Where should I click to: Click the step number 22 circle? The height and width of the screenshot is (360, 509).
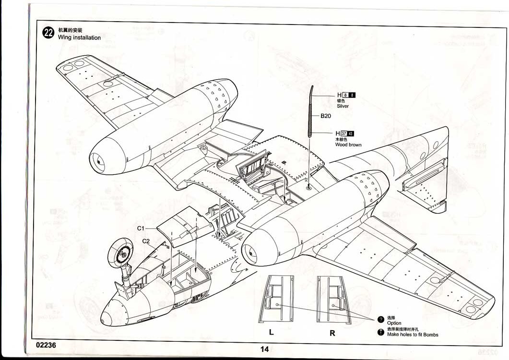48,33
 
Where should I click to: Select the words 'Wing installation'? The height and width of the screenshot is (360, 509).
79,37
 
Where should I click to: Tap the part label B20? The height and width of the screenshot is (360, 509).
326,116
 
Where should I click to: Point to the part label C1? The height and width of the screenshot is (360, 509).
141,228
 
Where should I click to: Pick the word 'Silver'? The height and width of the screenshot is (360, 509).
343,106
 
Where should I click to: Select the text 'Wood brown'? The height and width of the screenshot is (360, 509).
348,144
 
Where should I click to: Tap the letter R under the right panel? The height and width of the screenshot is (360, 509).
332,333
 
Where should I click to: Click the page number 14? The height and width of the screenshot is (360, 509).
264,349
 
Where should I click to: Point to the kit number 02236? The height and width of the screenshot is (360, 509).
46,345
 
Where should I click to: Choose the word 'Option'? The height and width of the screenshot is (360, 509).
394,323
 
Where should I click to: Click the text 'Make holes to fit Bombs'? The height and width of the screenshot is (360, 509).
413,335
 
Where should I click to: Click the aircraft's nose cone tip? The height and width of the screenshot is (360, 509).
107,316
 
